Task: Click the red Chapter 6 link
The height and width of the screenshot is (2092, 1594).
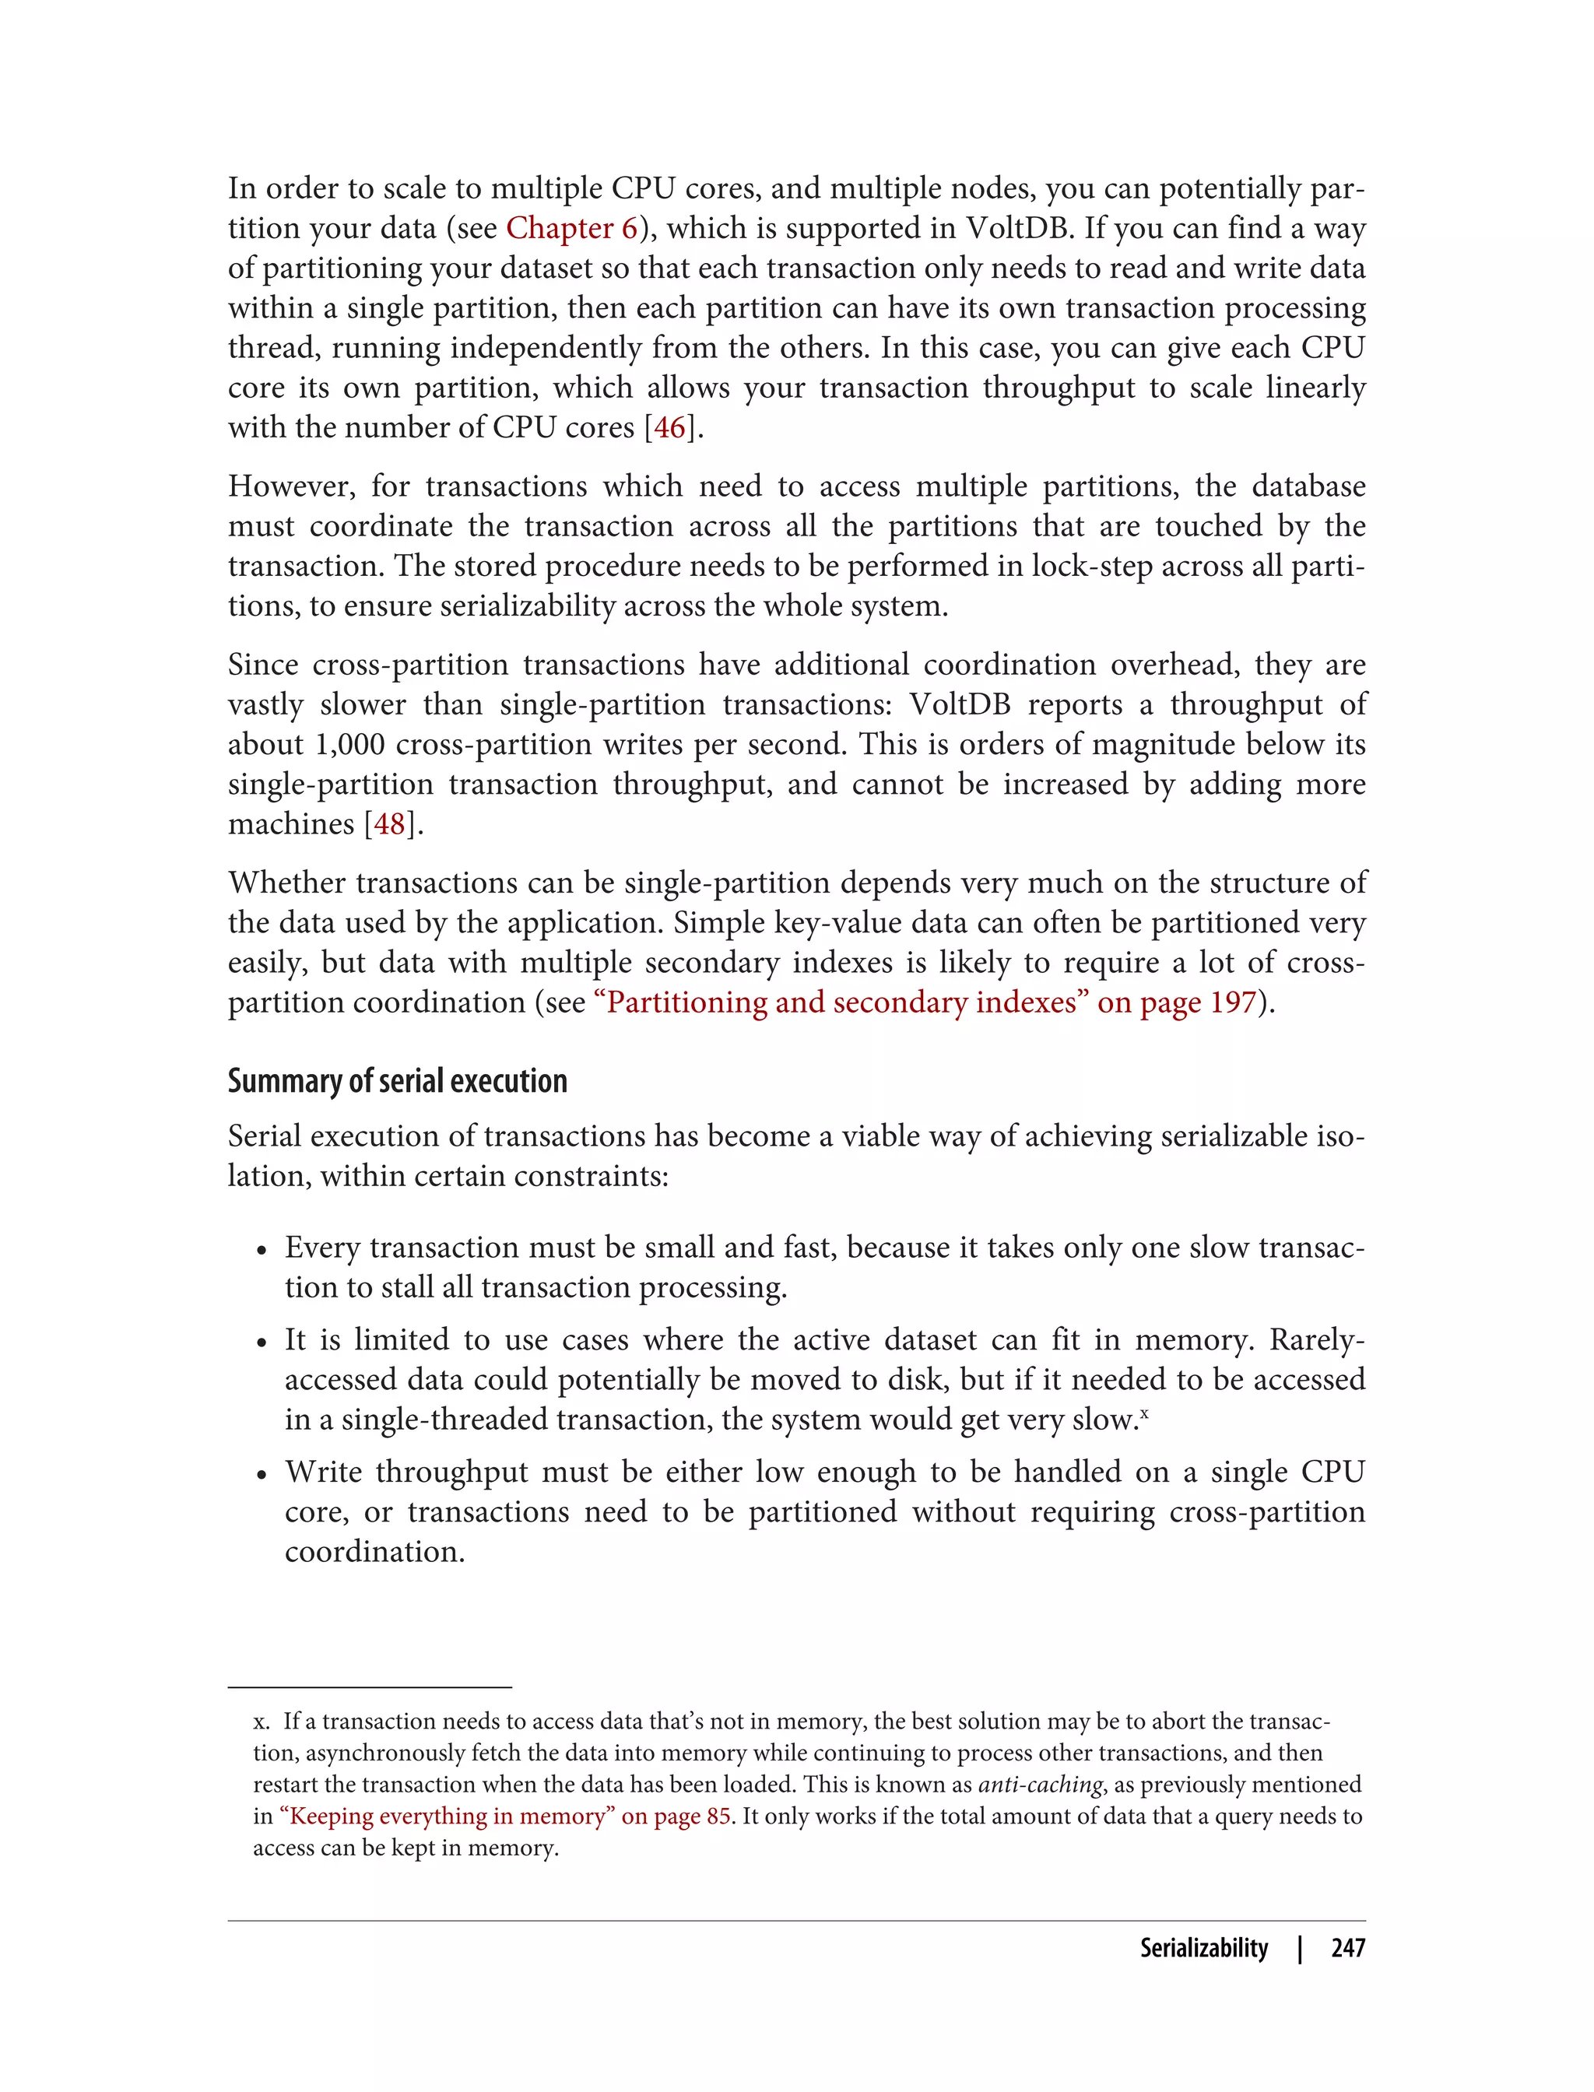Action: (x=571, y=229)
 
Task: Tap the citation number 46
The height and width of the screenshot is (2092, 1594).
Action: (x=669, y=428)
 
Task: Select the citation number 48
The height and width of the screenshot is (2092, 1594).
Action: (x=389, y=824)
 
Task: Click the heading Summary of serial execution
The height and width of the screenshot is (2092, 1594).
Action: (x=397, y=1082)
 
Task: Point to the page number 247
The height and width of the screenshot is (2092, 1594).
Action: (x=1347, y=1949)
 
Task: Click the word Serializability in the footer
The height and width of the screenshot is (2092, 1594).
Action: (x=1203, y=1949)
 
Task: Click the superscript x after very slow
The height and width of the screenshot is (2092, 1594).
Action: (x=1144, y=1413)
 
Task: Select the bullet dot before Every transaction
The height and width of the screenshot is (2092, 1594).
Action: (x=262, y=1251)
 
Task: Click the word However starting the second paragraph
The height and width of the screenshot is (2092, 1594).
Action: (x=291, y=486)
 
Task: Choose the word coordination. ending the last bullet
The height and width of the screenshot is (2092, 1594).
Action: (x=375, y=1552)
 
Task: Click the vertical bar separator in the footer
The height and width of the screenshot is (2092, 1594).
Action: (x=1300, y=1949)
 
